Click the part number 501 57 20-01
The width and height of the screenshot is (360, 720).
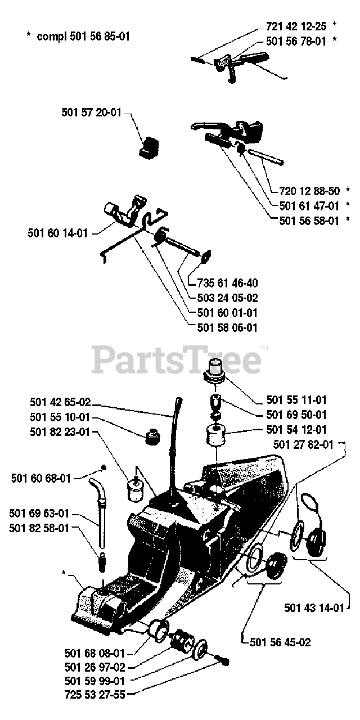(92, 112)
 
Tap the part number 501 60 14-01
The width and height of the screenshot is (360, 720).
(57, 232)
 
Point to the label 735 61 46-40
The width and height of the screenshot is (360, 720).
(228, 283)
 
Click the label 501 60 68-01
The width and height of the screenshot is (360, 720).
(41, 478)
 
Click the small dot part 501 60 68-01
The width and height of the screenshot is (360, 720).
(103, 467)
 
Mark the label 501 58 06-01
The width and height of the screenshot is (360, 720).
(228, 327)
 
